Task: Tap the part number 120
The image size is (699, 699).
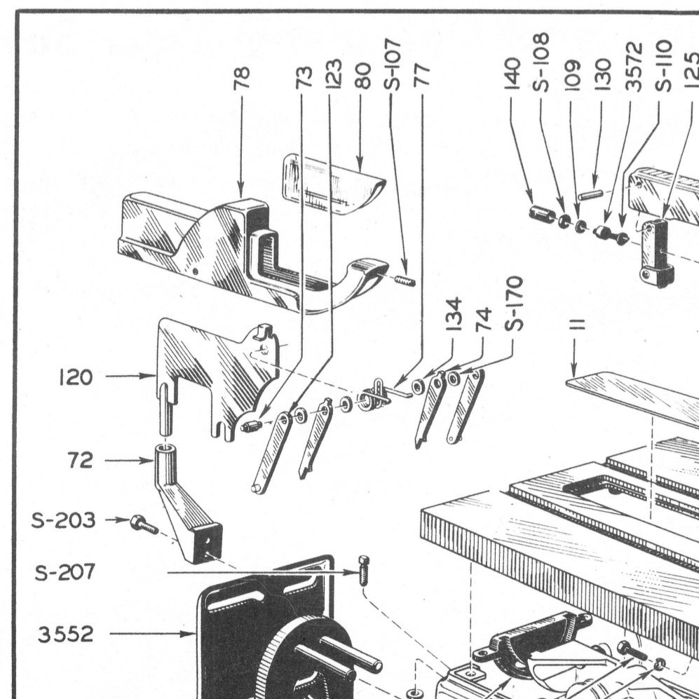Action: (76, 377)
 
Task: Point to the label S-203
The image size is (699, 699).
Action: (64, 520)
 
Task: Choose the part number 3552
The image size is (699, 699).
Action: (66, 634)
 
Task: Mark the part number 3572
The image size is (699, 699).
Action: (634, 65)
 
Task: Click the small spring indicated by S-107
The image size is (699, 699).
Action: (405, 281)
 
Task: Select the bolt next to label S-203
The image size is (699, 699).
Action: (140, 523)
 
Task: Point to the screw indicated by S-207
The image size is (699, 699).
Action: (363, 569)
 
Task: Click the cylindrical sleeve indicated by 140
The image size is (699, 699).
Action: (541, 213)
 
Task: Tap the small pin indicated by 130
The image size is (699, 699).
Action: (592, 193)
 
